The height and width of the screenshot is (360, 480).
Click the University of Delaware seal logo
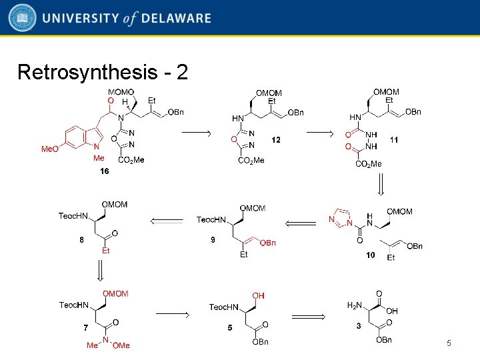pyautogui.click(x=22, y=19)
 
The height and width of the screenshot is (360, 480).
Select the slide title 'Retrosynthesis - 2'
pyautogui.click(x=102, y=72)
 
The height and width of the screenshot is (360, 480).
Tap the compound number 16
pyautogui.click(x=104, y=171)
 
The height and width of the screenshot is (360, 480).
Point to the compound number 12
pyautogui.click(x=276, y=140)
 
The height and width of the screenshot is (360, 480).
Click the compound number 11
pyautogui.click(x=394, y=140)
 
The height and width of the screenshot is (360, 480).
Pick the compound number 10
pyautogui.click(x=371, y=255)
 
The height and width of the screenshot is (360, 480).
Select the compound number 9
pyautogui.click(x=213, y=240)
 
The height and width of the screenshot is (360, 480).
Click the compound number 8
pyautogui.click(x=81, y=240)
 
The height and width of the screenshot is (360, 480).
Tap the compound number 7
pyautogui.click(x=85, y=327)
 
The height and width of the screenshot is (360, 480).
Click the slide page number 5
pyautogui.click(x=449, y=343)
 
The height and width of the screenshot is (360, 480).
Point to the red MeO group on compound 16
pyautogui.click(x=50, y=149)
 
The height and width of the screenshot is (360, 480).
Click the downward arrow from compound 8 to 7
pyautogui.click(x=100, y=270)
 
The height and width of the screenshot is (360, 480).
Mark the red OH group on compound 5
pyautogui.click(x=257, y=295)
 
